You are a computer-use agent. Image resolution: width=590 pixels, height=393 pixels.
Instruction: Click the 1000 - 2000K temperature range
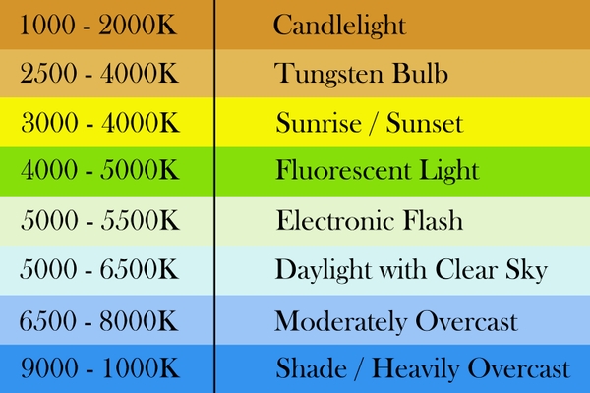click(x=97, y=26)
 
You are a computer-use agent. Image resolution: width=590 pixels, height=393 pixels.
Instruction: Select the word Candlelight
click(x=339, y=26)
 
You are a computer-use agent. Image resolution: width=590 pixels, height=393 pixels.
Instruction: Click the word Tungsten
click(x=329, y=74)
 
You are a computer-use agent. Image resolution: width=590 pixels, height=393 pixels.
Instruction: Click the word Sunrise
click(x=319, y=122)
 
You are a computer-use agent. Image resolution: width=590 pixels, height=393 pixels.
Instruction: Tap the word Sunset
click(x=425, y=122)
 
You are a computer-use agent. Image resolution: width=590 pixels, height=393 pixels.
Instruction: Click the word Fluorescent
click(x=343, y=170)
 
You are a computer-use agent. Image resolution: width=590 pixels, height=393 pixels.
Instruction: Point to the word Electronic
click(x=335, y=220)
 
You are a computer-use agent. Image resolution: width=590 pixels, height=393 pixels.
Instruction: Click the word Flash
click(x=433, y=220)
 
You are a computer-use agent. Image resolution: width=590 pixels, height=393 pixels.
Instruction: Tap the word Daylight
click(x=324, y=269)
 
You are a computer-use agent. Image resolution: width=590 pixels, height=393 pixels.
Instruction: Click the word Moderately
click(x=341, y=322)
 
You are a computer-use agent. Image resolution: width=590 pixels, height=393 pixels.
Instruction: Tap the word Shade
click(x=311, y=367)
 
